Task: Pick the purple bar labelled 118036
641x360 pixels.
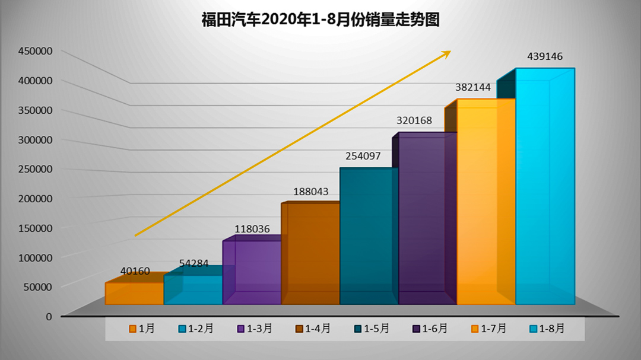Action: pyautogui.click(x=252, y=273)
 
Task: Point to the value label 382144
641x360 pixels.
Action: pyautogui.click(x=472, y=87)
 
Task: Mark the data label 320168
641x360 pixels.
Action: pyautogui.click(x=414, y=120)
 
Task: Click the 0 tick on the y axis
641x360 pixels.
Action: pyautogui.click(x=49, y=316)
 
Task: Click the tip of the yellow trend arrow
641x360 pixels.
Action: pyautogui.click(x=449, y=52)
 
